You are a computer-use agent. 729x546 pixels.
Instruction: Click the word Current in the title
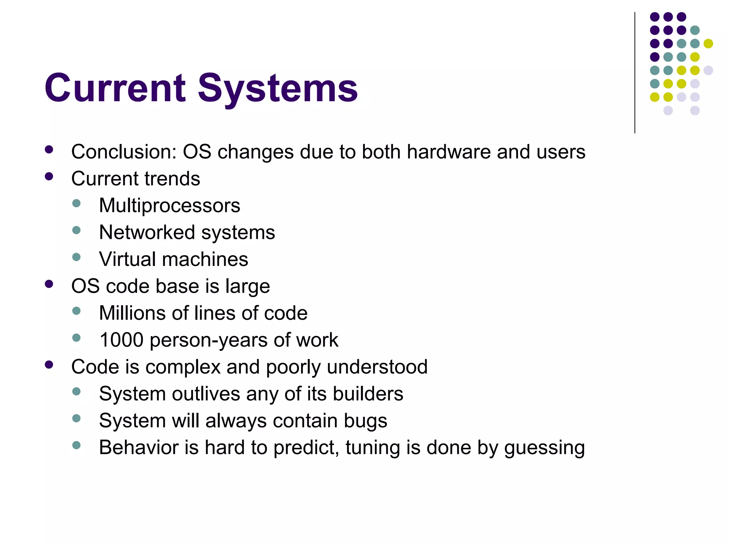click(x=115, y=88)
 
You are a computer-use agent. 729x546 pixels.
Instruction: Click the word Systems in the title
click(x=278, y=88)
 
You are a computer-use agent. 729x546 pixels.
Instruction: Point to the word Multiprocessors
click(x=169, y=205)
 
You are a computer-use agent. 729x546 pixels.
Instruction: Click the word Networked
click(x=147, y=232)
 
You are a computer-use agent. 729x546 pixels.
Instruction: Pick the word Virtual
click(x=128, y=259)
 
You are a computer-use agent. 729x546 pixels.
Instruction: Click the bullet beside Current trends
click(x=49, y=177)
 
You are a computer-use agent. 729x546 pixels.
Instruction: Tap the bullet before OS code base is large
click(x=49, y=284)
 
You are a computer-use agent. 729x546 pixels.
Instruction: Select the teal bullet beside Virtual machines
click(x=76, y=257)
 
